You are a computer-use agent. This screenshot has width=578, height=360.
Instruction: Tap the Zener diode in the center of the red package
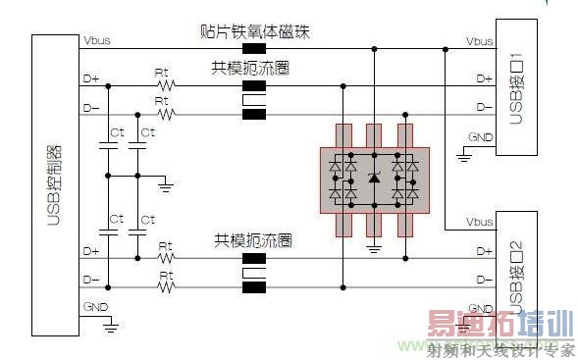tap(373, 178)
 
